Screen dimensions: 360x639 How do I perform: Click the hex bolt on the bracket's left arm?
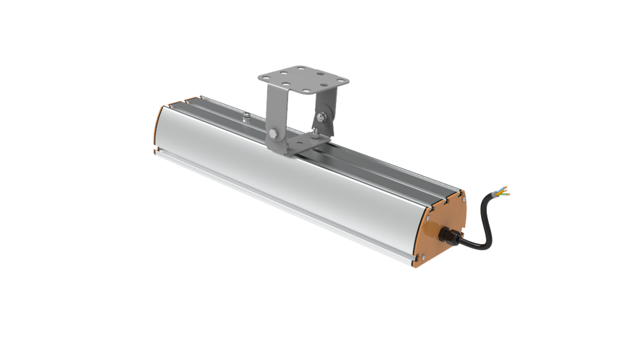pyautogui.click(x=273, y=134)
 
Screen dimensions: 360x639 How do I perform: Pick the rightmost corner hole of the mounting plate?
pyautogui.click(x=339, y=81)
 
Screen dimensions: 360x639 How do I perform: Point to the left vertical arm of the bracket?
pyautogui.click(x=276, y=112)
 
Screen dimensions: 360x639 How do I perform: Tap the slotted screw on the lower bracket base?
pyautogui.click(x=315, y=131)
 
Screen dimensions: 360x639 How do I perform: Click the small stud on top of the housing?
pyautogui.click(x=246, y=116)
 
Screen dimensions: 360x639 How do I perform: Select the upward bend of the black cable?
pyautogui.click(x=487, y=214)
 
